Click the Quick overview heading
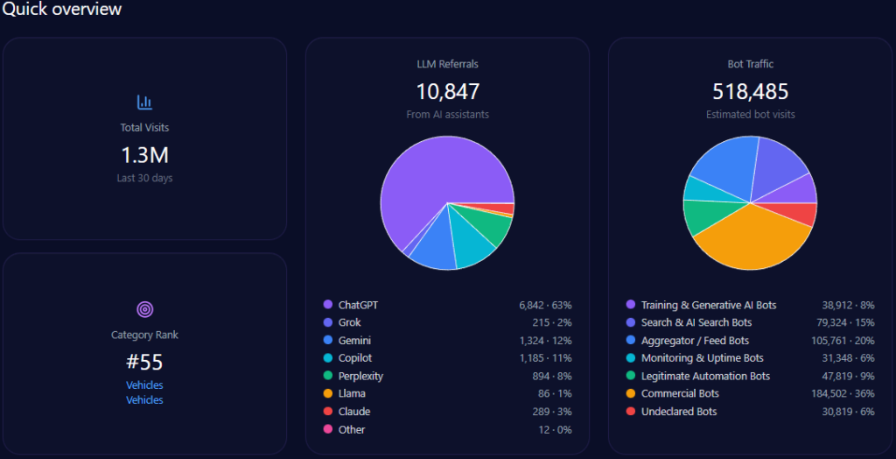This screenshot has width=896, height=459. click(x=61, y=10)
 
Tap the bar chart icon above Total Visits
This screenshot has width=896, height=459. click(x=144, y=102)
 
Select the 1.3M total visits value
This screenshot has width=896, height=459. click(x=144, y=155)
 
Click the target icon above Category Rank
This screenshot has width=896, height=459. click(x=144, y=309)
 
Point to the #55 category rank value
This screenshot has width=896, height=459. click(x=144, y=362)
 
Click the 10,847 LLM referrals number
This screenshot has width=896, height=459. click(x=447, y=91)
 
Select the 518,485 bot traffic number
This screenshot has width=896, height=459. click(x=750, y=91)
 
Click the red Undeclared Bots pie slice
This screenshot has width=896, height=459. click(x=803, y=214)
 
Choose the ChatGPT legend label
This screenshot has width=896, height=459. click(x=358, y=305)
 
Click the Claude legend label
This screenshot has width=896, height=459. click(x=353, y=412)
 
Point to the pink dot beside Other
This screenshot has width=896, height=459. click(x=328, y=429)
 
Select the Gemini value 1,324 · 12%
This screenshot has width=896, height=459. click(x=544, y=340)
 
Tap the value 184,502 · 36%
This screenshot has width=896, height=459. click(x=842, y=393)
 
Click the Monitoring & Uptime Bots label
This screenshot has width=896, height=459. click(x=702, y=358)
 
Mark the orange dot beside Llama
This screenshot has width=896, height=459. click(x=328, y=394)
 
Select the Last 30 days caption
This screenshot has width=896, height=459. click(x=144, y=178)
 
